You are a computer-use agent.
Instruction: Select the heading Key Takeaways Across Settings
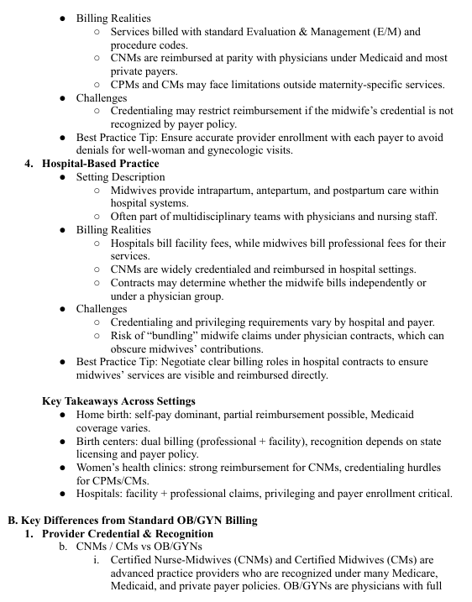118,401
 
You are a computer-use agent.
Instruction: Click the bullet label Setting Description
120,177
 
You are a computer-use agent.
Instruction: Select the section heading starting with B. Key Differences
132,521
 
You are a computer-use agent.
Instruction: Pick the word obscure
134,349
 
